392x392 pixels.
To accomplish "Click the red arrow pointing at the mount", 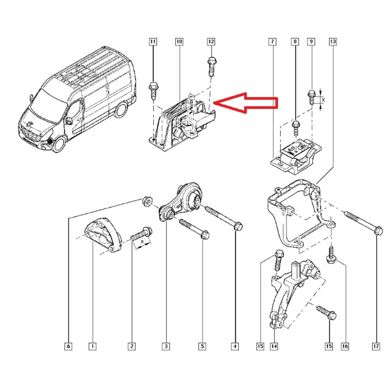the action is pos(246,103).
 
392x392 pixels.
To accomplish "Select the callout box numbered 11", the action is pos(153,42).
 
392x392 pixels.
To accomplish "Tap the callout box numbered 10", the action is pos(179,42).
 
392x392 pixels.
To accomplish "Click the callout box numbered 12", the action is pos(211,42).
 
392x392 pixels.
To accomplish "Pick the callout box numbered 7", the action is pos(272,42).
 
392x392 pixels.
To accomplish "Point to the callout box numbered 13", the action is pos(333,42).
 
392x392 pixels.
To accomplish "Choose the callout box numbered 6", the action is pos(68,346).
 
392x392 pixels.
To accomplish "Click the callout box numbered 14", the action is pos(274,346).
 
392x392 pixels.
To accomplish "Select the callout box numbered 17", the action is pos(376,346).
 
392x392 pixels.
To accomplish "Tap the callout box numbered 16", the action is pos(345,346).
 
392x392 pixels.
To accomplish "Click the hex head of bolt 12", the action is pos(212,61).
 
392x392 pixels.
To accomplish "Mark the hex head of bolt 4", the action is pos(238,226).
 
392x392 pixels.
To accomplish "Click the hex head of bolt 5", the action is pos(205,235).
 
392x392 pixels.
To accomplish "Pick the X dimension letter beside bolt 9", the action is pos(323,100).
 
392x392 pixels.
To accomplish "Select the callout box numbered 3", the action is pos(166,346).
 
